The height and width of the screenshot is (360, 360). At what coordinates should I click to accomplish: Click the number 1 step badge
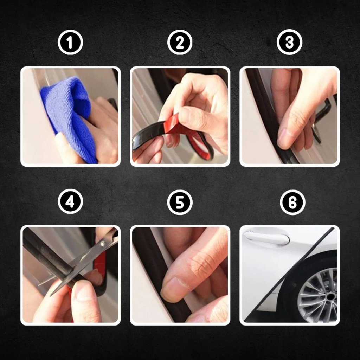(70, 42)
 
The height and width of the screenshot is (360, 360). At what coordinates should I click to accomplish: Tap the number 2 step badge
(180, 42)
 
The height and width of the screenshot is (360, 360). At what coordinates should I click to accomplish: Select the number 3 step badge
(290, 42)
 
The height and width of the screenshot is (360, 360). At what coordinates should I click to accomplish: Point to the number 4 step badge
(70, 201)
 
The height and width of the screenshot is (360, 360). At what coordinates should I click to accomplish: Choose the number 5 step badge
(180, 202)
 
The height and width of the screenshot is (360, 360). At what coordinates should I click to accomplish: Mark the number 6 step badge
(293, 202)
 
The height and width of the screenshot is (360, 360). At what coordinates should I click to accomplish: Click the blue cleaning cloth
(69, 117)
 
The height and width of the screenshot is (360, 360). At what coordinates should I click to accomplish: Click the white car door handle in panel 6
(266, 238)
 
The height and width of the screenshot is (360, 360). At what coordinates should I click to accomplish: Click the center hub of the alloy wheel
(330, 297)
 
